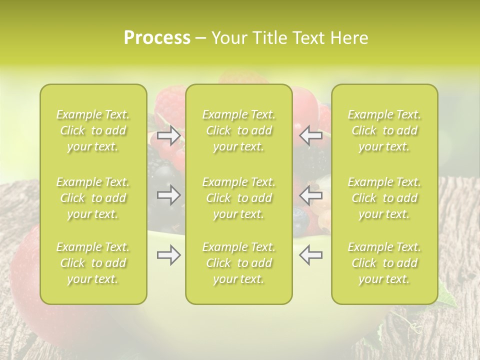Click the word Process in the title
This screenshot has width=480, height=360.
(157, 38)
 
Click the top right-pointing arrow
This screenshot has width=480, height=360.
(169, 135)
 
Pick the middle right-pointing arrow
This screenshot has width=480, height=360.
(169, 194)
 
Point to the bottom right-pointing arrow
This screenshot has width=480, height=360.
(169, 255)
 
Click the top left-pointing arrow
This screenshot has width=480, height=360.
(311, 135)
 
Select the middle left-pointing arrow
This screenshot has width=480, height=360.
(311, 194)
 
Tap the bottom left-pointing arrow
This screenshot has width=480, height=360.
(311, 255)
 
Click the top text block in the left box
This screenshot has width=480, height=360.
(93, 130)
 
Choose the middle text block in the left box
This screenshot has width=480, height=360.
(93, 198)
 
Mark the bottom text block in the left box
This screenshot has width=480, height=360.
(93, 263)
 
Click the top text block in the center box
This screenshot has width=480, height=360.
(239, 130)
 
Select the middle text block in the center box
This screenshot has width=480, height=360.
(239, 198)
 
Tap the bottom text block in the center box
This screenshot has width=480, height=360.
(239, 263)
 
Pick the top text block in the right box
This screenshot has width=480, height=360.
(384, 130)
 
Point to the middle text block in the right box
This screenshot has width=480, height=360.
(384, 198)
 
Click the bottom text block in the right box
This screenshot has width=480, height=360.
(384, 263)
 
